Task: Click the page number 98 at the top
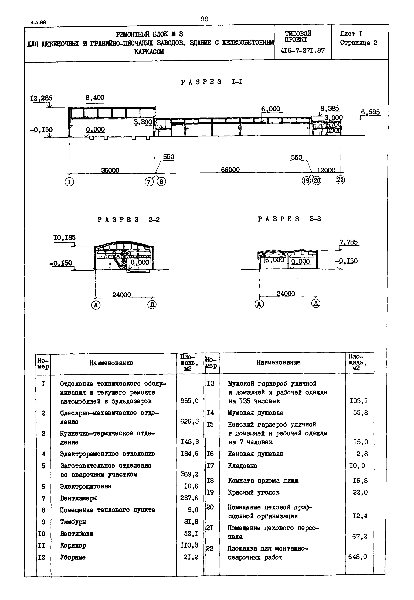pos(204,19)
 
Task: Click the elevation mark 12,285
pos(41,98)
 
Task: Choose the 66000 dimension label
pos(230,170)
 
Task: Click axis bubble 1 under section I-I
pos(69,182)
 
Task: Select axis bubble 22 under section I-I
pos(340,180)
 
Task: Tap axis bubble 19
pos(306,180)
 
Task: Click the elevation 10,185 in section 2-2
pos(65,238)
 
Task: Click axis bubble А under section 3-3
pos(259,304)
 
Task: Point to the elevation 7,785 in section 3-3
pos(349,242)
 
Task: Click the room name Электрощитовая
pos(86,486)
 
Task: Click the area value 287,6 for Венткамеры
pos(189,498)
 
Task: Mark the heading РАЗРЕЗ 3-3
pos(289,219)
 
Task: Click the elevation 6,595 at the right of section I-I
pos(370,112)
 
